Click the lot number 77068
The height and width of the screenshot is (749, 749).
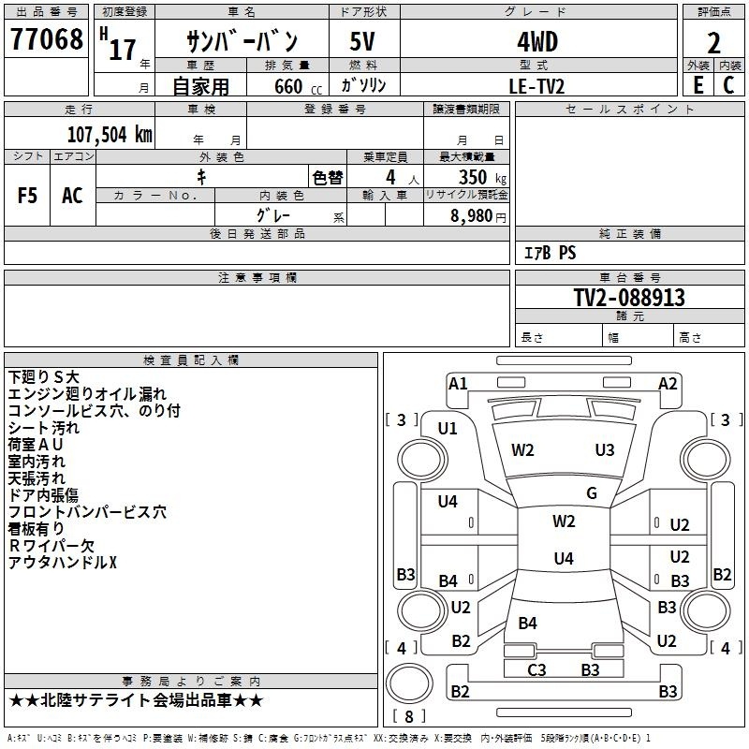pos(46,39)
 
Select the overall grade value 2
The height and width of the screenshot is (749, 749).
pos(713,43)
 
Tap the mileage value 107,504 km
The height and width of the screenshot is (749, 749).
pos(110,135)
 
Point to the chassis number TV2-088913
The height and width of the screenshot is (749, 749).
pos(629,297)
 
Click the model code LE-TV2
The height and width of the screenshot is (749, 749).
pos(536,86)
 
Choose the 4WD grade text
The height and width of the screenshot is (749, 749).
pos(537,42)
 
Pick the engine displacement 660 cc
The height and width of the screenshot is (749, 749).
pos(298,87)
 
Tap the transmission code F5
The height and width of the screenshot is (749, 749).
pos(27,196)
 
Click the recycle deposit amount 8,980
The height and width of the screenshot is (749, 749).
pos(472,216)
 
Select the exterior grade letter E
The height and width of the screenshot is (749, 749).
pos(698,85)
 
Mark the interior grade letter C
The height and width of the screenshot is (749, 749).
pos(728,85)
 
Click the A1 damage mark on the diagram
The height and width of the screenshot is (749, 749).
pos(458,384)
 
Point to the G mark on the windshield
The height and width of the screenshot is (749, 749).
pos(592,493)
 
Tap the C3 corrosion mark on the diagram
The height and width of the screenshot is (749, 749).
pos(536,669)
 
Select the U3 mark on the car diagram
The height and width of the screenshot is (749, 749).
pos(605,450)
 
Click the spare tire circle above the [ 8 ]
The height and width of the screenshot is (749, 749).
pos(409,683)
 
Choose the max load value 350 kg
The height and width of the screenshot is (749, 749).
pos(482,178)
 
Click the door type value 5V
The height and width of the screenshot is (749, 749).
pos(362,41)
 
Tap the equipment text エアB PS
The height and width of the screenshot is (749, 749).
pos(551,253)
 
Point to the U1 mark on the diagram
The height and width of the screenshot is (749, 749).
pos(448,429)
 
